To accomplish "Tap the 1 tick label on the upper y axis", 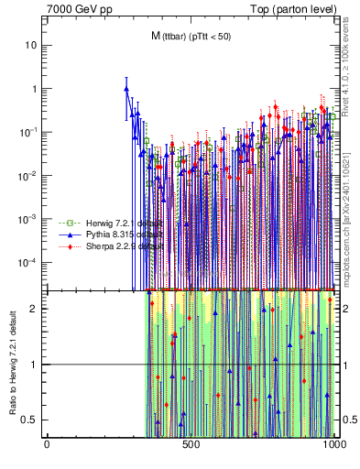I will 36,89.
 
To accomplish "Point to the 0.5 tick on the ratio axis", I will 32,420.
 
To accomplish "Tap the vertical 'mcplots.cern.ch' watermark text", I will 347,211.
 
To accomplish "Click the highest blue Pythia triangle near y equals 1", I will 126,90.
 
